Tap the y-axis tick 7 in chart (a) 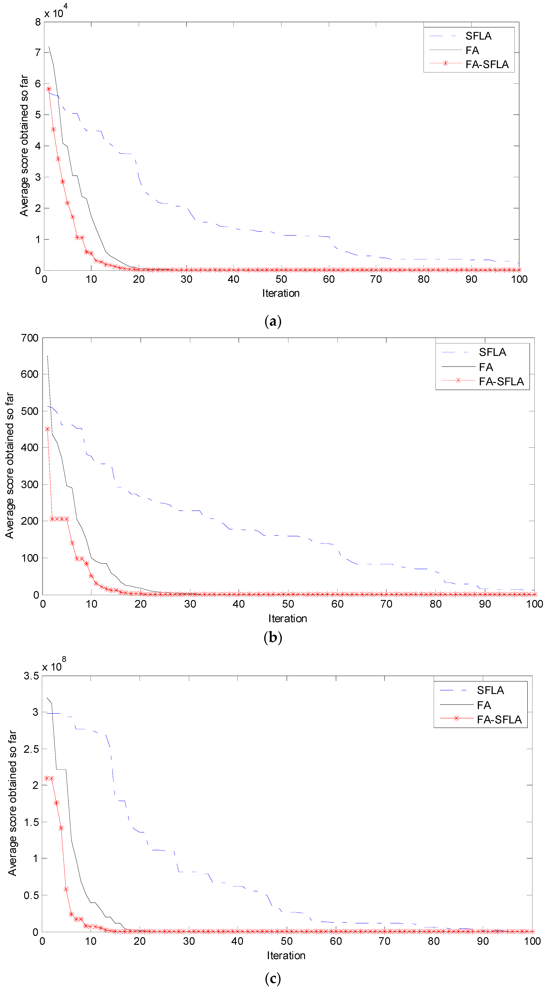38,53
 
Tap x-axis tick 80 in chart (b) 435,604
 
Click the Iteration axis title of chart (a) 281,293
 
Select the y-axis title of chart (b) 10,465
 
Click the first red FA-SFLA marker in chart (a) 49,89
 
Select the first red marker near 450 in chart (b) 47,429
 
